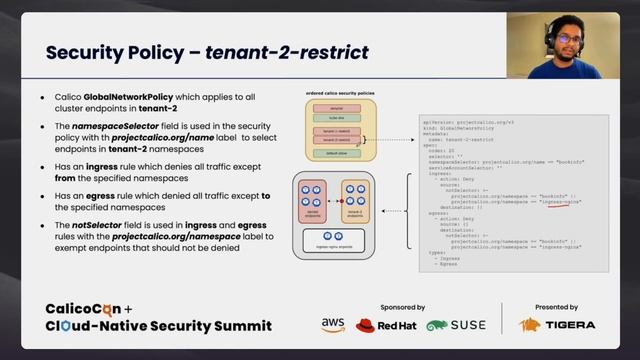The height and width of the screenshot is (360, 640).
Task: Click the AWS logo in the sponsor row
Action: pyautogui.click(x=333, y=325)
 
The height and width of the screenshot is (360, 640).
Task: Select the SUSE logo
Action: pyautogui.click(x=457, y=325)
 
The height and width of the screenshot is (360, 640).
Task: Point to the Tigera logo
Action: pyautogui.click(x=557, y=325)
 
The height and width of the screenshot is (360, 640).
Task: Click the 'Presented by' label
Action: pyautogui.click(x=556, y=307)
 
